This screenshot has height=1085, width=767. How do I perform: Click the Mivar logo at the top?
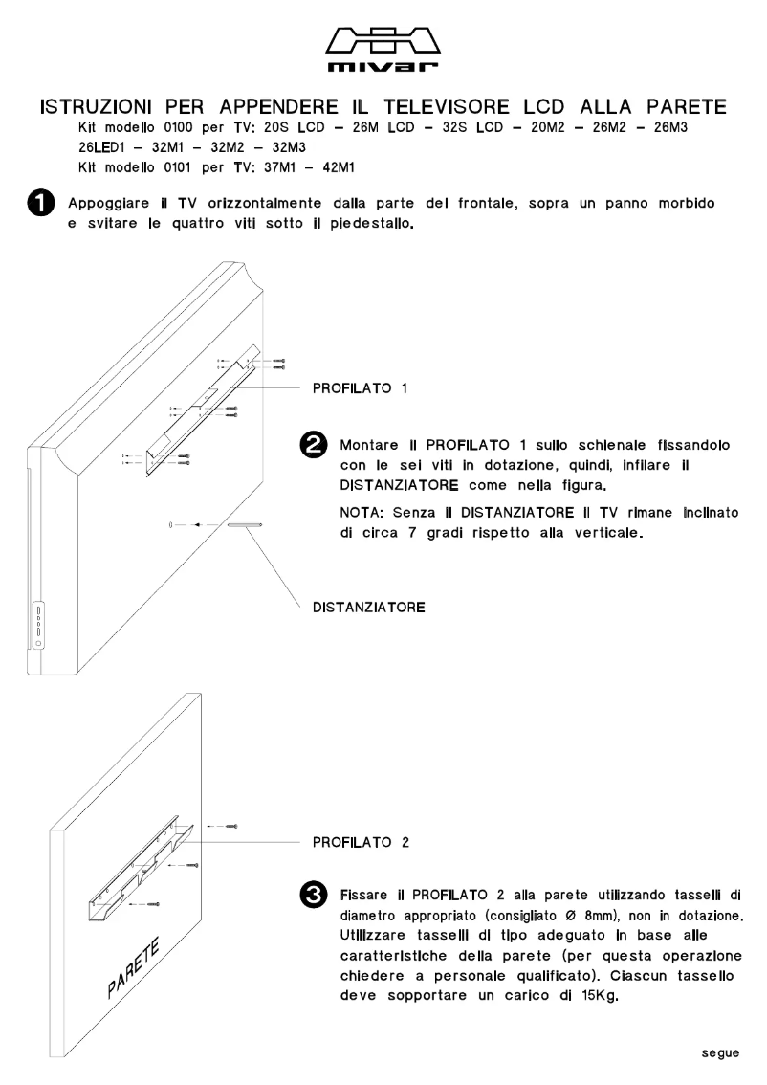point(383,50)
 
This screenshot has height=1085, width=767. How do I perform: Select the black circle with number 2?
point(312,446)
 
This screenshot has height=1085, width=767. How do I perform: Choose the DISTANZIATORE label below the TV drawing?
point(367,607)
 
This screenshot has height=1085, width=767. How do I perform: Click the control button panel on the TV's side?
point(38,627)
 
